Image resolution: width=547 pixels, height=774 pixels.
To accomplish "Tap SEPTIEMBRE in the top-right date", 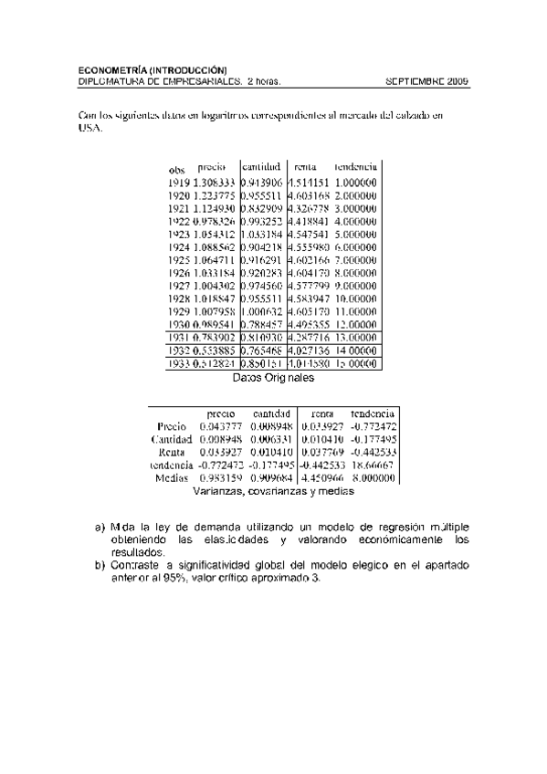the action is tap(416, 81).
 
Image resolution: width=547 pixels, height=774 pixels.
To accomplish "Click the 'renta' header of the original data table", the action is tap(304, 167).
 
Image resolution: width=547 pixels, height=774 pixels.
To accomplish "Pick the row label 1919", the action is tap(179, 183).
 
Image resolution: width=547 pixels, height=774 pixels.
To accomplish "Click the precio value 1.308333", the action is tap(215, 183).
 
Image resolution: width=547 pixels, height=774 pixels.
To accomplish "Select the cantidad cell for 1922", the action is tap(262, 221).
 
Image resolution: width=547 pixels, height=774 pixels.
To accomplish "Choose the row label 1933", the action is tap(179, 362).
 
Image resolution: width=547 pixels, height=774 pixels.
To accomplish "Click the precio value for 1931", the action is tap(215, 337).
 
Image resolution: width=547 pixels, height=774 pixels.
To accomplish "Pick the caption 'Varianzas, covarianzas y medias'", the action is tap(274, 490).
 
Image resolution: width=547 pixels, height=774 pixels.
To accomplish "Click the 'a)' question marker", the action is tap(100, 528).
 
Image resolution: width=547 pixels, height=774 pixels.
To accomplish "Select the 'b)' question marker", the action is tap(100, 565).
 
